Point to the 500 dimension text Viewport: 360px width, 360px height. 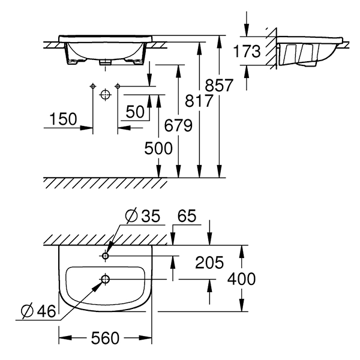point(158,148)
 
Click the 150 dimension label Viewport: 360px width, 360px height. point(62,119)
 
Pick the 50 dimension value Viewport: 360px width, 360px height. point(136,112)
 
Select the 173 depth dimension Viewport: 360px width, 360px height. point(247,52)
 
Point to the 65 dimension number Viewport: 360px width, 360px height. point(187,215)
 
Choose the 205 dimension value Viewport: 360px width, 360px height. point(209,262)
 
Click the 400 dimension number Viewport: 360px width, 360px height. point(242,279)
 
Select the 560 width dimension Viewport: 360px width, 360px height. point(106,338)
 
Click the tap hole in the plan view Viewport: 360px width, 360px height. point(105,256)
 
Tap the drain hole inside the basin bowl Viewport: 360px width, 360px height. point(105,279)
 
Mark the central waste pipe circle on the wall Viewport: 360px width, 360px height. point(105,95)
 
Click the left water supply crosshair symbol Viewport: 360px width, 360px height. point(92,87)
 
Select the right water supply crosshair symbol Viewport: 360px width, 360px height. point(118,87)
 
